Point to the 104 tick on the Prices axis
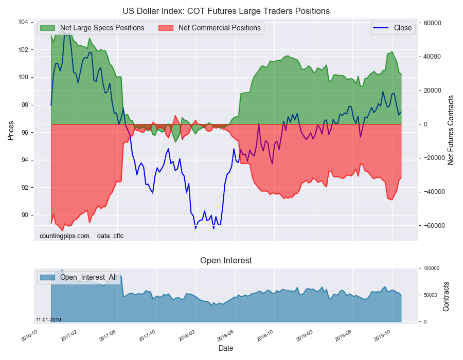23,22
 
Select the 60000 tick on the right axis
432,23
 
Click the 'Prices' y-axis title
10,131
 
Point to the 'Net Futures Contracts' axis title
451,130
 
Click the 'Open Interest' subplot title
226,260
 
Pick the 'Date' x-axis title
226,348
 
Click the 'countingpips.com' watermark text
64,236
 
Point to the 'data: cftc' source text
110,236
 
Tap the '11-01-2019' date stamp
48,320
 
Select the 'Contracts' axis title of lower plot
447,296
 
